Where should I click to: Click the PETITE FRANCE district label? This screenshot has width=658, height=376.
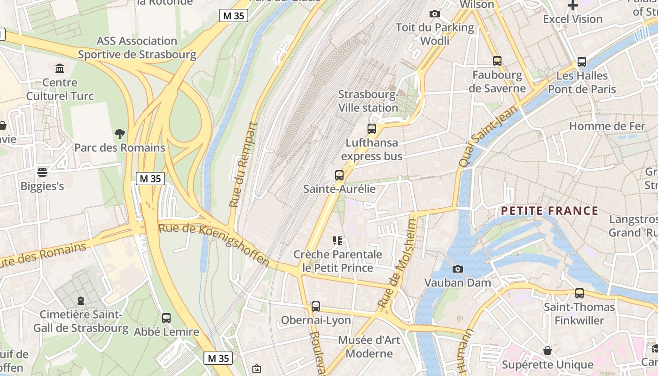(x=549, y=211)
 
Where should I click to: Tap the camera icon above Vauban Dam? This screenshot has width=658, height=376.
(x=457, y=269)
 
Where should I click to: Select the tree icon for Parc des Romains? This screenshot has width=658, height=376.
(x=120, y=134)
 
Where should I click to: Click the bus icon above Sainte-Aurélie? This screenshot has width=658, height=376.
(x=339, y=175)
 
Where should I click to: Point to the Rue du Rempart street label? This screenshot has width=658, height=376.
(x=244, y=164)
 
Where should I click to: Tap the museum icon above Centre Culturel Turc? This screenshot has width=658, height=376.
(x=60, y=69)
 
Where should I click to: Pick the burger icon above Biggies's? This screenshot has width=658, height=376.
(x=42, y=172)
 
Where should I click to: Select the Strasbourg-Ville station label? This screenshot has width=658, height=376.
(x=368, y=101)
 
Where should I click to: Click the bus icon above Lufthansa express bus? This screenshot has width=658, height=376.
(x=372, y=128)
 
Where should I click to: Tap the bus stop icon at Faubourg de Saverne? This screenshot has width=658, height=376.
(x=497, y=61)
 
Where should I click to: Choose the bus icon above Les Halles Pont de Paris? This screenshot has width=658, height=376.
(x=582, y=62)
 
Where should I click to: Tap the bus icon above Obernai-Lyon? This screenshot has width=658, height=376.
(x=316, y=306)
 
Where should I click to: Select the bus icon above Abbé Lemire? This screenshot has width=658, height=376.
(x=166, y=318)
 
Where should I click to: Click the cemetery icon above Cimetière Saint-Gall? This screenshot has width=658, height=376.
(x=81, y=300)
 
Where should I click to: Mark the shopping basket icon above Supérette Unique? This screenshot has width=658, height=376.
(x=548, y=351)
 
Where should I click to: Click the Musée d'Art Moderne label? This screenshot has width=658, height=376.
(x=369, y=346)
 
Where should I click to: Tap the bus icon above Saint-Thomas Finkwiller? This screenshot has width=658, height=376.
(x=580, y=293)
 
